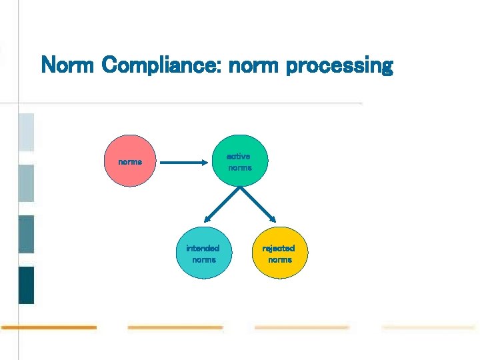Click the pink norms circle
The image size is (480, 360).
click(x=131, y=161)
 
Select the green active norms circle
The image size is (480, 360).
click(x=239, y=161)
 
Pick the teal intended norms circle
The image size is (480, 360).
click(x=203, y=253)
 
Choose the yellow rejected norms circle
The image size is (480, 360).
click(x=279, y=253)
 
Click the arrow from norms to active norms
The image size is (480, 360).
click(x=185, y=161)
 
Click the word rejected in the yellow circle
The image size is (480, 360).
click(x=279, y=248)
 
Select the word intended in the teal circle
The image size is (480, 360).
click(x=203, y=248)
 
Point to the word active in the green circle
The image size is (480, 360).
click(x=238, y=156)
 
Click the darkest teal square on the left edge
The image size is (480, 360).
click(x=26, y=285)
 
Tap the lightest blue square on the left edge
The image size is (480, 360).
click(x=26, y=132)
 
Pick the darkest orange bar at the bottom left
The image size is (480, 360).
click(x=49, y=327)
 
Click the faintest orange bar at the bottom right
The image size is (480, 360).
click(x=428, y=327)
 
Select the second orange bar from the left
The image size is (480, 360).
click(x=175, y=327)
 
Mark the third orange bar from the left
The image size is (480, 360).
click(x=301, y=327)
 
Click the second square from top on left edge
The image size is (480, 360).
click(x=26, y=183)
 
